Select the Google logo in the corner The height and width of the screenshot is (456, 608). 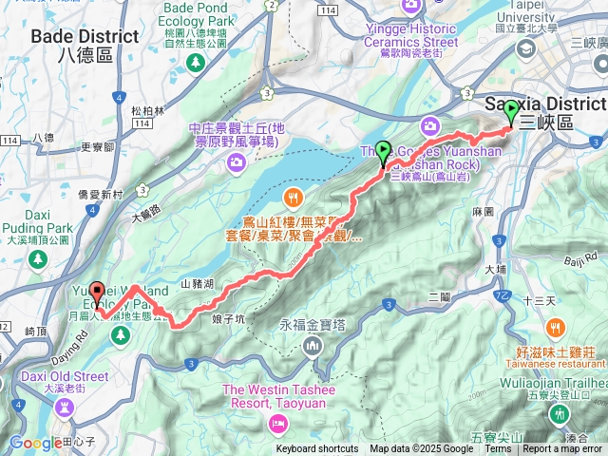36,443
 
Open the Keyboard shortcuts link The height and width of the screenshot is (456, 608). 317,449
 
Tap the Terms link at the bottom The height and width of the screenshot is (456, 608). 498,449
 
